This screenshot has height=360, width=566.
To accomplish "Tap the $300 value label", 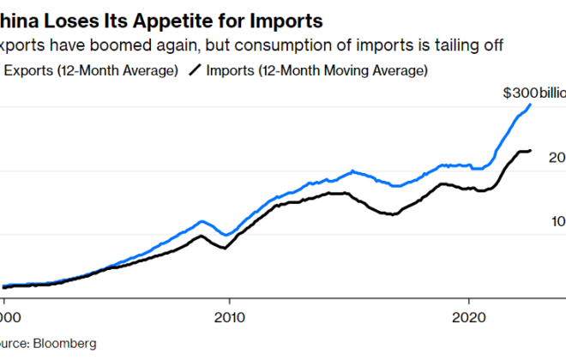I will [520, 93].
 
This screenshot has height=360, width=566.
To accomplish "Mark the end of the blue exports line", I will [530, 105].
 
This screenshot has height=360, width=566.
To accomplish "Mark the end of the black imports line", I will [530, 151].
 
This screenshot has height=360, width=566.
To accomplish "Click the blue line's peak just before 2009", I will [202, 221].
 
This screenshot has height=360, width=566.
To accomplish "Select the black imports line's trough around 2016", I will [393, 214].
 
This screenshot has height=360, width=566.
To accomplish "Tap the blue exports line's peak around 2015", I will [352, 171].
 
